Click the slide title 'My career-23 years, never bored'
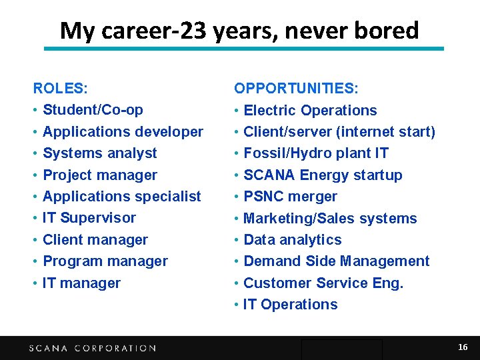pos(239,31)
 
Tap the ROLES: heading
pos(61,88)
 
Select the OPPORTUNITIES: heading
pos(296,88)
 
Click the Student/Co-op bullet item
pos(93,110)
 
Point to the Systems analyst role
pos(100,153)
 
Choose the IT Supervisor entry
pos(89,218)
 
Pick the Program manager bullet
pos(105,261)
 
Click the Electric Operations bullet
pos(310,111)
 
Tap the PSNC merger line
pos(291,197)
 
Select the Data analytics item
pos(293,240)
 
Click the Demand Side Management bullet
pos(337,261)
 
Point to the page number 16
pos(463,347)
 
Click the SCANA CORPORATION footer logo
pos(93,348)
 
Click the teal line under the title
pos(243,49)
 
